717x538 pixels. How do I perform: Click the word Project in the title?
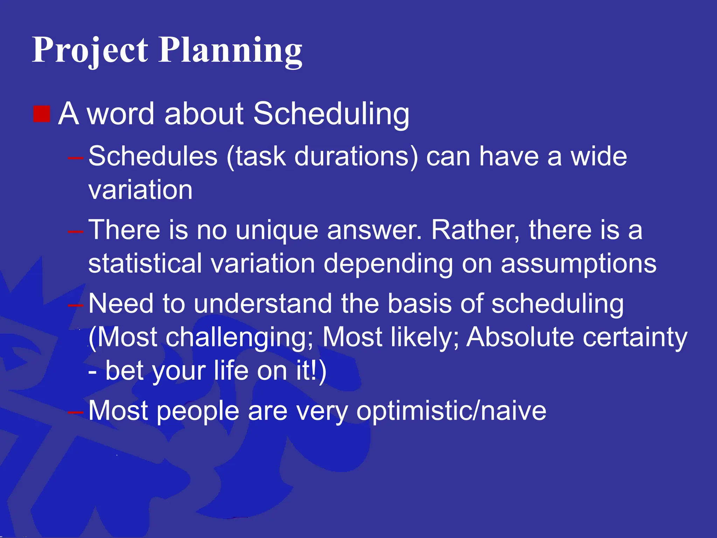[x=90, y=51]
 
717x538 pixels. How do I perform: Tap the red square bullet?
[x=42, y=114]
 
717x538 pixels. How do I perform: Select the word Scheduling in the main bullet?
[x=331, y=114]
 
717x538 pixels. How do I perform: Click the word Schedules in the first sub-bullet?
[x=153, y=156]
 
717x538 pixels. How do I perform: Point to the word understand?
[x=263, y=303]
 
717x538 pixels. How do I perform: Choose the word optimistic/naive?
[x=451, y=411]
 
